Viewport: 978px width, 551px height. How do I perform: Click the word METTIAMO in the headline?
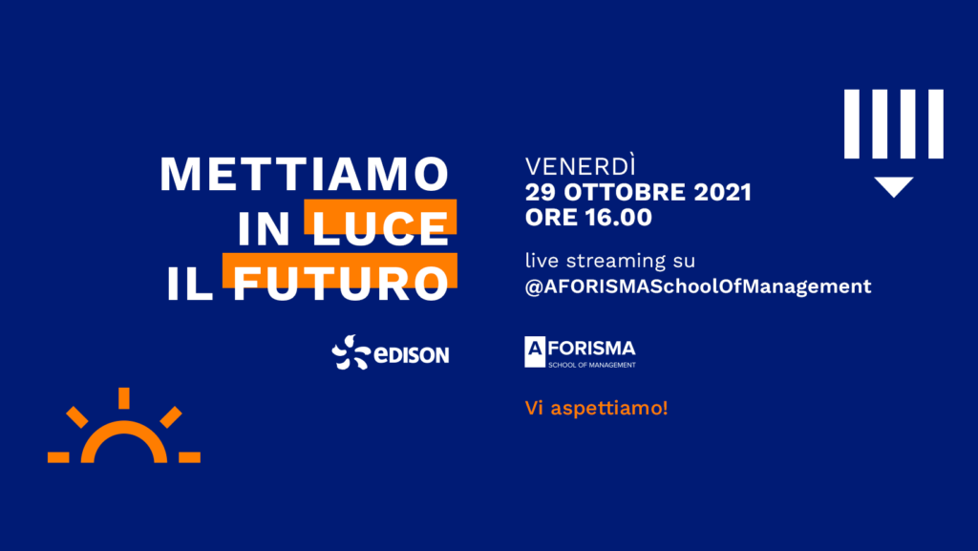coord(305,174)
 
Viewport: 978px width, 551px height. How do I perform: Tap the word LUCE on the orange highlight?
coord(380,229)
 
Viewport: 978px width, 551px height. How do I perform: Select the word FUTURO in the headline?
coord(341,284)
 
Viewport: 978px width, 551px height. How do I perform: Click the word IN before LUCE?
coord(264,229)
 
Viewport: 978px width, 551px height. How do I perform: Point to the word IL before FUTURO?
coord(190,284)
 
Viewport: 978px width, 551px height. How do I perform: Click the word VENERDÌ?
coord(580,166)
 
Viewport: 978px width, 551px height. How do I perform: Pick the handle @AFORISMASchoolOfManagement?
coord(698,286)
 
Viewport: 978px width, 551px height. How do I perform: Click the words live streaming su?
coord(610,260)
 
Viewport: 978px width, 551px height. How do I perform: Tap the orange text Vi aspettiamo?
coord(596,408)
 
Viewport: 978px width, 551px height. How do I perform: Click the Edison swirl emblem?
coord(351,352)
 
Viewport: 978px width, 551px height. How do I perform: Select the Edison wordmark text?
coord(411,354)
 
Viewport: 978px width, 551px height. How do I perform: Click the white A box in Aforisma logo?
coord(535,352)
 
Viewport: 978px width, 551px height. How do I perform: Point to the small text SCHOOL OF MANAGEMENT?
coord(592,365)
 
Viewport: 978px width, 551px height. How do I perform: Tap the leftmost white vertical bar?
coord(852,124)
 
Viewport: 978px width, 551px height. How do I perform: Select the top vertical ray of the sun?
coord(124,398)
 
